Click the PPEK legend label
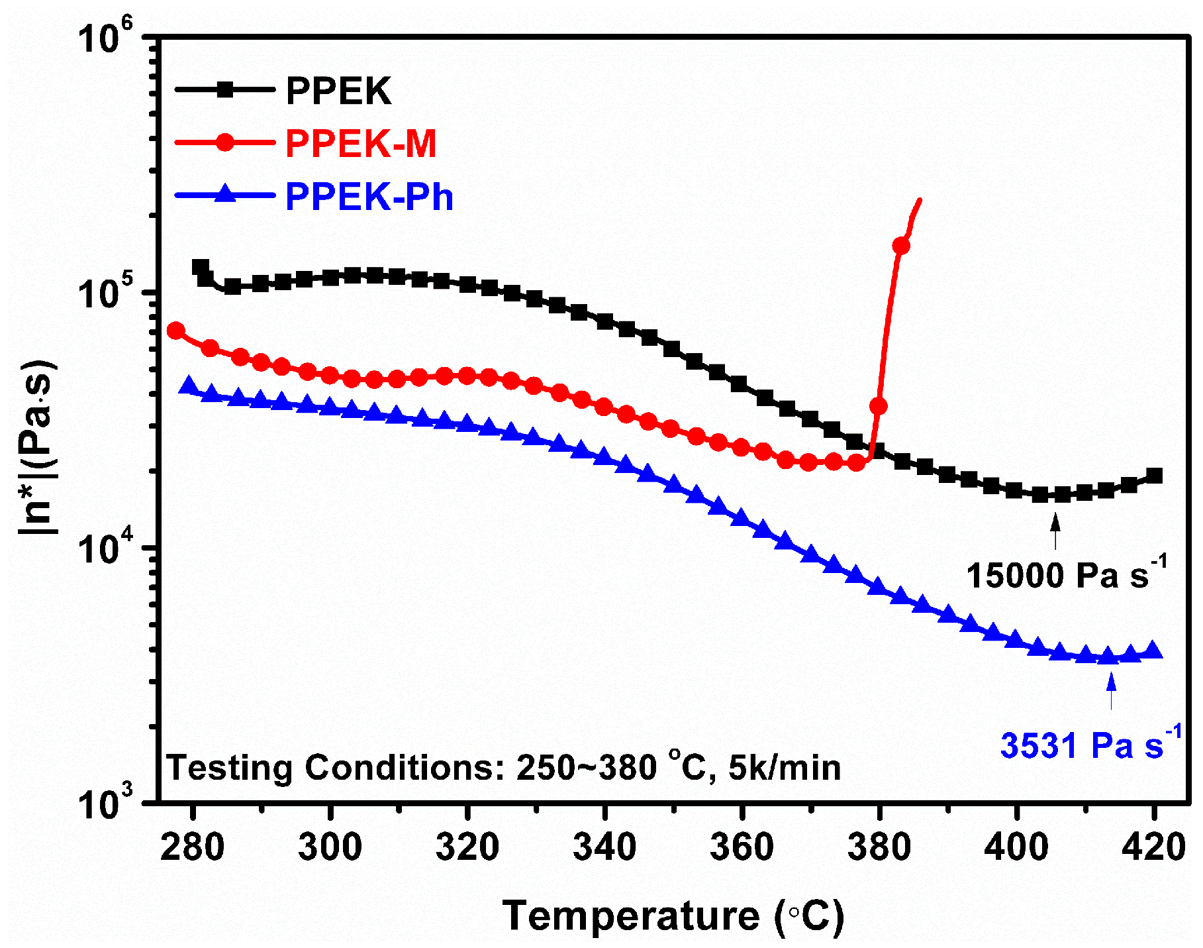pyautogui.click(x=338, y=91)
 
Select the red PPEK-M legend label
pyautogui.click(x=361, y=143)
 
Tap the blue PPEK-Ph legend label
pyautogui.click(x=369, y=197)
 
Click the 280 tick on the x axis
pyautogui.click(x=192, y=847)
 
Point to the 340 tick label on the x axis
pyautogui.click(x=604, y=847)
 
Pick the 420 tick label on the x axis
pyautogui.click(x=1153, y=847)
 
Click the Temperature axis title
pyautogui.click(x=673, y=916)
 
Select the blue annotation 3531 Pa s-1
pyautogui.click(x=1090, y=745)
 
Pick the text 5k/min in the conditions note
pyautogui.click(x=785, y=768)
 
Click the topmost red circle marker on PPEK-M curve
pyautogui.click(x=900, y=246)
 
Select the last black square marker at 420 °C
pyautogui.click(x=1154, y=476)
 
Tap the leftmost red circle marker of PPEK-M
pyautogui.click(x=176, y=331)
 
